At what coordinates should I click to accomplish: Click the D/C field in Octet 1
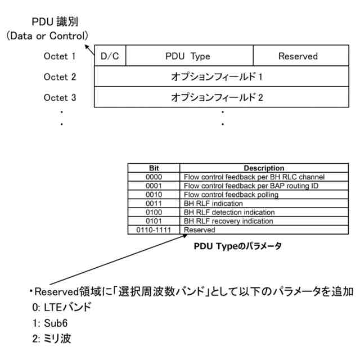click(x=110, y=56)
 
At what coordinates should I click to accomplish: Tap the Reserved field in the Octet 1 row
click(x=298, y=56)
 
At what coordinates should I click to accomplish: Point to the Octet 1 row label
click(x=60, y=56)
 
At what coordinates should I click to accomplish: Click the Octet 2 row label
click(x=60, y=77)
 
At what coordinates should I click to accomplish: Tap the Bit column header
click(x=154, y=168)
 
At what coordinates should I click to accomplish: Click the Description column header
click(x=263, y=168)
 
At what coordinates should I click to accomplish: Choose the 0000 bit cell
click(x=154, y=177)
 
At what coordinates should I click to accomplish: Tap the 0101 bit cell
click(x=154, y=221)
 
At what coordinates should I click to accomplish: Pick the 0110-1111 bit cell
click(x=154, y=230)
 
